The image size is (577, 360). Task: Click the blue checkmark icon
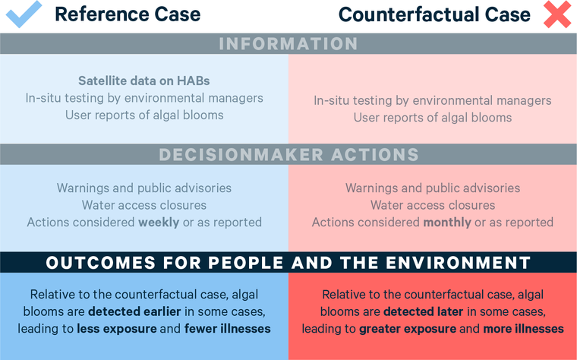coord(24,14)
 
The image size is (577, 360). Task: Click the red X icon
coord(557,14)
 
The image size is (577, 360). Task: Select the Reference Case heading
coord(128,14)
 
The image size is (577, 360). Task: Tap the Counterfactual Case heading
coord(435,14)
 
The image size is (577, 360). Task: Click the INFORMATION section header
coord(288,44)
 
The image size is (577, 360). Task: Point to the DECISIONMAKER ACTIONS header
coord(288,155)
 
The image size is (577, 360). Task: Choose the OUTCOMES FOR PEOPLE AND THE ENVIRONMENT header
coord(288,264)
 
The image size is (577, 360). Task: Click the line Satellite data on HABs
coord(144,81)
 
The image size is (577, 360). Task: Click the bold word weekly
coord(158,223)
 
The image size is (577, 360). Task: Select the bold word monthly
coord(447,223)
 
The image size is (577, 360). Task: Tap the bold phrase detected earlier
coord(126,312)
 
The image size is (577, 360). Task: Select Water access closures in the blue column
coord(144,205)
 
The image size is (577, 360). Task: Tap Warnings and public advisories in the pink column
coord(433,188)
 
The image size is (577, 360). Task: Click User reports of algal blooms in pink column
coord(433,118)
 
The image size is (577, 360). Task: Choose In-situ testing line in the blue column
coord(144,98)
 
